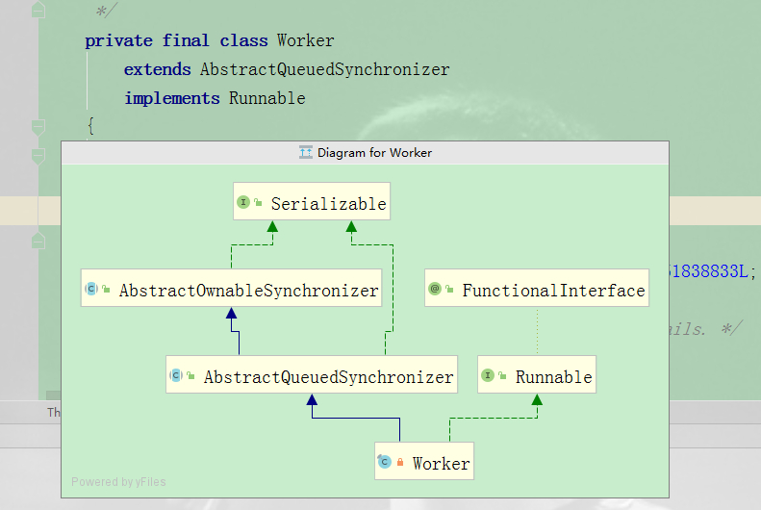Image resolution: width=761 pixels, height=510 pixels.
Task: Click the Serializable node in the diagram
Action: [312, 203]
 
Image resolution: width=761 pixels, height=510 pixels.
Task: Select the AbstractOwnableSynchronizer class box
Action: [232, 290]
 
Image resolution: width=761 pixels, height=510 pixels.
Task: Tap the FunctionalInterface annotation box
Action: [537, 290]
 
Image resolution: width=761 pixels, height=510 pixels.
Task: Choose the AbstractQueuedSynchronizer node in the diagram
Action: [312, 376]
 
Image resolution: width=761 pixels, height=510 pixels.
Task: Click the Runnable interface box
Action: [537, 376]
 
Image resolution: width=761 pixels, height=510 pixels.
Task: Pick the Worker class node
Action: [424, 463]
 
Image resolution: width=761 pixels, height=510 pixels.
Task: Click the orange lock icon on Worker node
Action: [400, 463]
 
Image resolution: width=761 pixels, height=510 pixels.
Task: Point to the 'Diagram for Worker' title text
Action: [374, 153]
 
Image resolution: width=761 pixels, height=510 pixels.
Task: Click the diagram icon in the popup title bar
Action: [306, 153]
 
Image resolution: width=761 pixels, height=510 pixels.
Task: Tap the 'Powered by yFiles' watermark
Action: [118, 482]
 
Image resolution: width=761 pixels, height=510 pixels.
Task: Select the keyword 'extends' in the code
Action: [157, 69]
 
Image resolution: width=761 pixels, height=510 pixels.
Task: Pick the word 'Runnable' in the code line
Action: [266, 98]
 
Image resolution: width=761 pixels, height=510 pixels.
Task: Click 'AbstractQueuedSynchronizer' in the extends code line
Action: [324, 69]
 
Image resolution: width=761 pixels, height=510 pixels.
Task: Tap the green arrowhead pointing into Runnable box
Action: [536, 399]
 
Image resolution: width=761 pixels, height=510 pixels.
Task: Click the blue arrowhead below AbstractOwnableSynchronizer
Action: [231, 314]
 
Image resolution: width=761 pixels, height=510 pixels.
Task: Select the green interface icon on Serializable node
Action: [243, 203]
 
